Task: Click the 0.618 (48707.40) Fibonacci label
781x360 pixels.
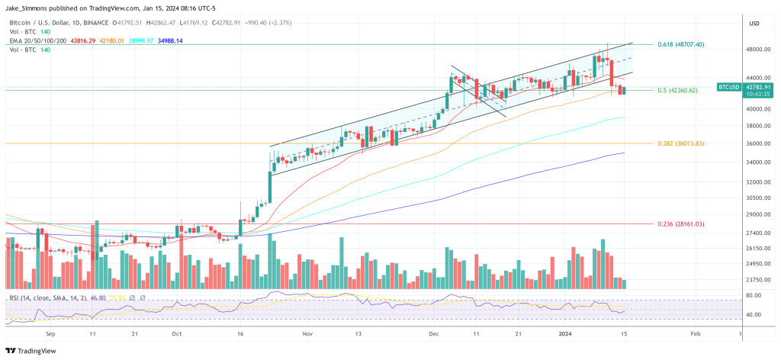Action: (x=680, y=45)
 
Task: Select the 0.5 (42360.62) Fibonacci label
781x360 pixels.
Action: (x=677, y=91)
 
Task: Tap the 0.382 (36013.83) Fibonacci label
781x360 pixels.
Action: (x=680, y=143)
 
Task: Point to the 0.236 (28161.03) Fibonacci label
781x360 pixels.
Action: (x=680, y=223)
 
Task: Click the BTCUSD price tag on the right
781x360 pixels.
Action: (x=729, y=87)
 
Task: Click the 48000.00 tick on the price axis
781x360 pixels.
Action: (x=757, y=50)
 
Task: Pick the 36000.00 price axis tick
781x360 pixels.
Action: (x=757, y=143)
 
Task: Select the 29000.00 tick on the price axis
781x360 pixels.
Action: (x=757, y=216)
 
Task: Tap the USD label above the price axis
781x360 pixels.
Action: (x=755, y=24)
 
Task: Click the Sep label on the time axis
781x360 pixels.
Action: (x=51, y=334)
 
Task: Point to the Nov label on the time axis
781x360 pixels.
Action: (x=308, y=334)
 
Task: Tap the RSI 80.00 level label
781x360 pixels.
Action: (x=755, y=295)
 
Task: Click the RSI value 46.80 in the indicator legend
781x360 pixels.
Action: (x=97, y=297)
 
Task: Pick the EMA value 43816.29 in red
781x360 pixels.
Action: (x=82, y=41)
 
